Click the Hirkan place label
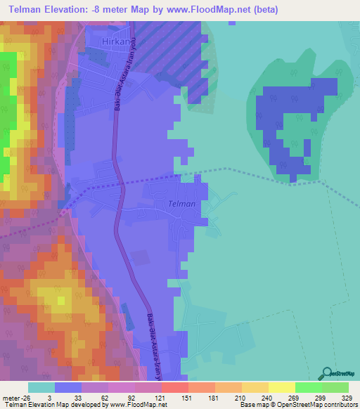click(x=116, y=42)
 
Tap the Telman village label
click(x=181, y=204)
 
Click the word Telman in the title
click(x=28, y=10)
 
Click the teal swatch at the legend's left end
click(x=41, y=387)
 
